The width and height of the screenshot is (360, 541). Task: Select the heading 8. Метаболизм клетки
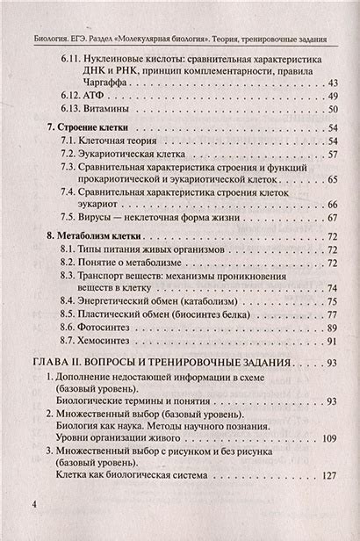(x=97, y=237)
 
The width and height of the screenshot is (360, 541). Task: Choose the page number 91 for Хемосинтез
(x=332, y=340)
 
